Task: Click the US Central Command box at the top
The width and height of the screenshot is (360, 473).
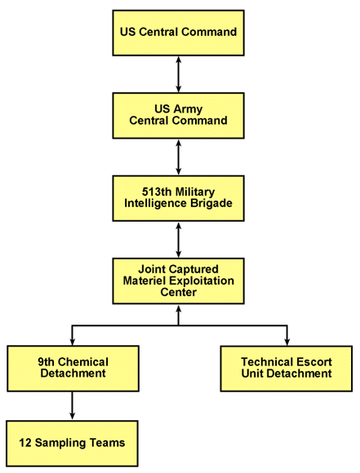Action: click(x=178, y=33)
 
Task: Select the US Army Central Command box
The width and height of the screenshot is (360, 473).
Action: click(x=178, y=115)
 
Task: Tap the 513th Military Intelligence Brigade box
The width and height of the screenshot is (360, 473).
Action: click(x=178, y=197)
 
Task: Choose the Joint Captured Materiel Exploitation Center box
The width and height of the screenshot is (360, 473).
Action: click(x=178, y=280)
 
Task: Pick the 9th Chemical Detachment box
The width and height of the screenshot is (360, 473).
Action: click(x=73, y=368)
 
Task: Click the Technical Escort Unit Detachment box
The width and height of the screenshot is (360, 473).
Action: click(x=287, y=368)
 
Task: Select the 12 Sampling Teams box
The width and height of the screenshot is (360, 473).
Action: click(x=73, y=443)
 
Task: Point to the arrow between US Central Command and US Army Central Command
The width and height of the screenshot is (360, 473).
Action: click(x=178, y=73)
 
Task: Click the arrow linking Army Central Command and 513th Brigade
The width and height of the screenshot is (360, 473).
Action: click(x=178, y=157)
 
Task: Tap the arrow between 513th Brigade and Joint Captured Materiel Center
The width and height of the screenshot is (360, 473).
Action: click(x=178, y=239)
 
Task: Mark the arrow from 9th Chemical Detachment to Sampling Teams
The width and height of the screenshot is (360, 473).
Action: click(x=73, y=405)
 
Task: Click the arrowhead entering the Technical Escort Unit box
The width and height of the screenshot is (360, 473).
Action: click(x=287, y=341)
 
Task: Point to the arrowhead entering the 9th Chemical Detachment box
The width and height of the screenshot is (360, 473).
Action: click(x=73, y=341)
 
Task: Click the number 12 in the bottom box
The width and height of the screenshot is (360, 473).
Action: click(x=26, y=443)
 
